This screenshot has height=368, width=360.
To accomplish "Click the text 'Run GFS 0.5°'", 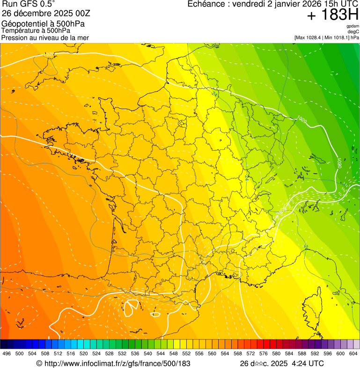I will click(28, 5).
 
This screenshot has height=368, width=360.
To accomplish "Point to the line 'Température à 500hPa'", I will click(36, 31).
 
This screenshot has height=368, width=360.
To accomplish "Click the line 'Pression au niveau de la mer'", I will click(45, 37).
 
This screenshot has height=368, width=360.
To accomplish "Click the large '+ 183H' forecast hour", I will click(333, 15).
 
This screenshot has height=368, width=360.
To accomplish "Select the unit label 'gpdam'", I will click(353, 26).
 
